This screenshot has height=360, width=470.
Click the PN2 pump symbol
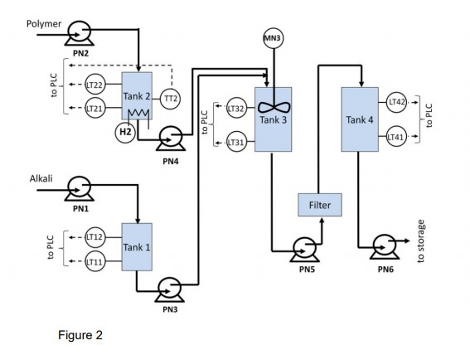click(80, 32)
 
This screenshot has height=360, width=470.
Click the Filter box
click(320, 204)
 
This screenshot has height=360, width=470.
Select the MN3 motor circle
click(273, 39)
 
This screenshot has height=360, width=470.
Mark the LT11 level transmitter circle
click(95, 261)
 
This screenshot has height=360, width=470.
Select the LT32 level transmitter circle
click(235, 109)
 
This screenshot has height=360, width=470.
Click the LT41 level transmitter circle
click(397, 138)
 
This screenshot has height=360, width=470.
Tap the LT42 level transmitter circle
click(397, 102)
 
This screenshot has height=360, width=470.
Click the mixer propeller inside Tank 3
click(273, 105)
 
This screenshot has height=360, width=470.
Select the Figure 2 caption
click(80, 335)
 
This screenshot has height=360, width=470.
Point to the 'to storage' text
click(421, 241)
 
